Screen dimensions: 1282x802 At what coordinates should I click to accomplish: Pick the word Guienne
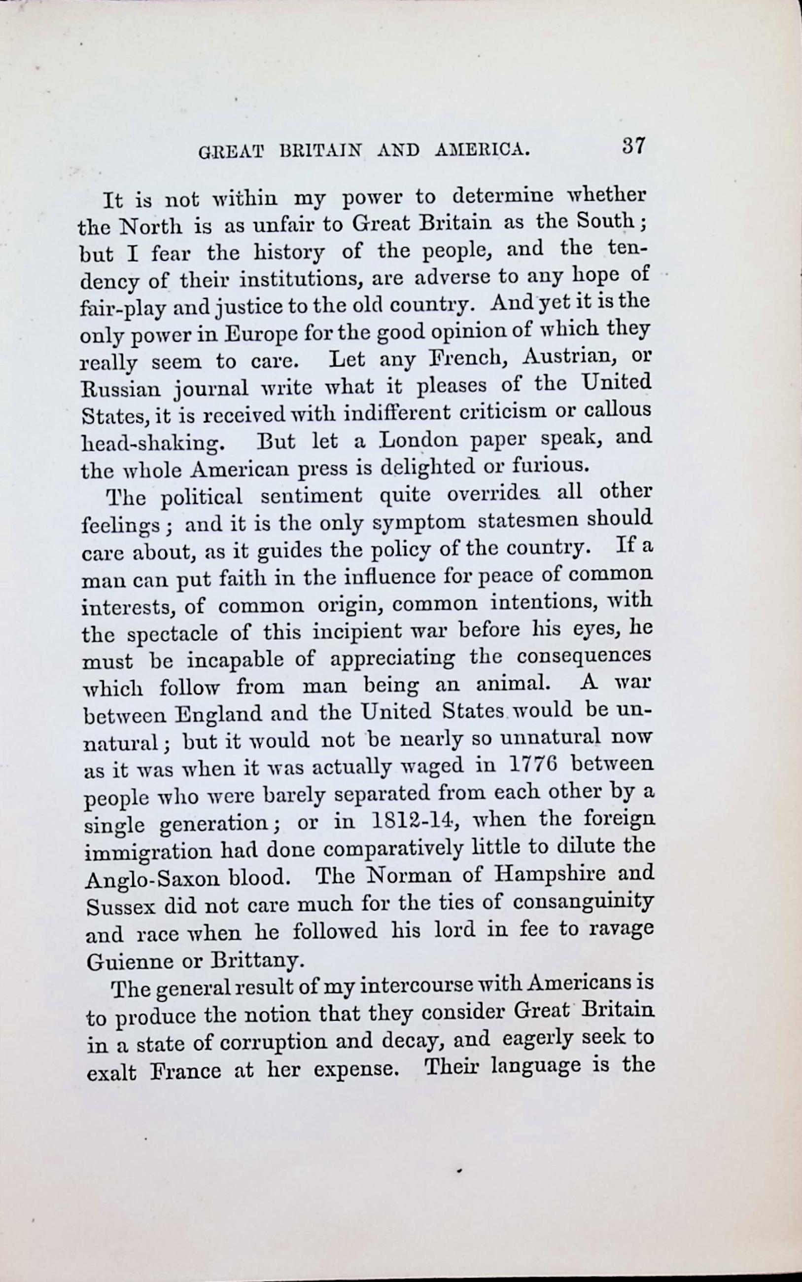click(128, 961)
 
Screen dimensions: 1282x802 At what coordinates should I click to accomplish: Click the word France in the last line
click(185, 1071)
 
